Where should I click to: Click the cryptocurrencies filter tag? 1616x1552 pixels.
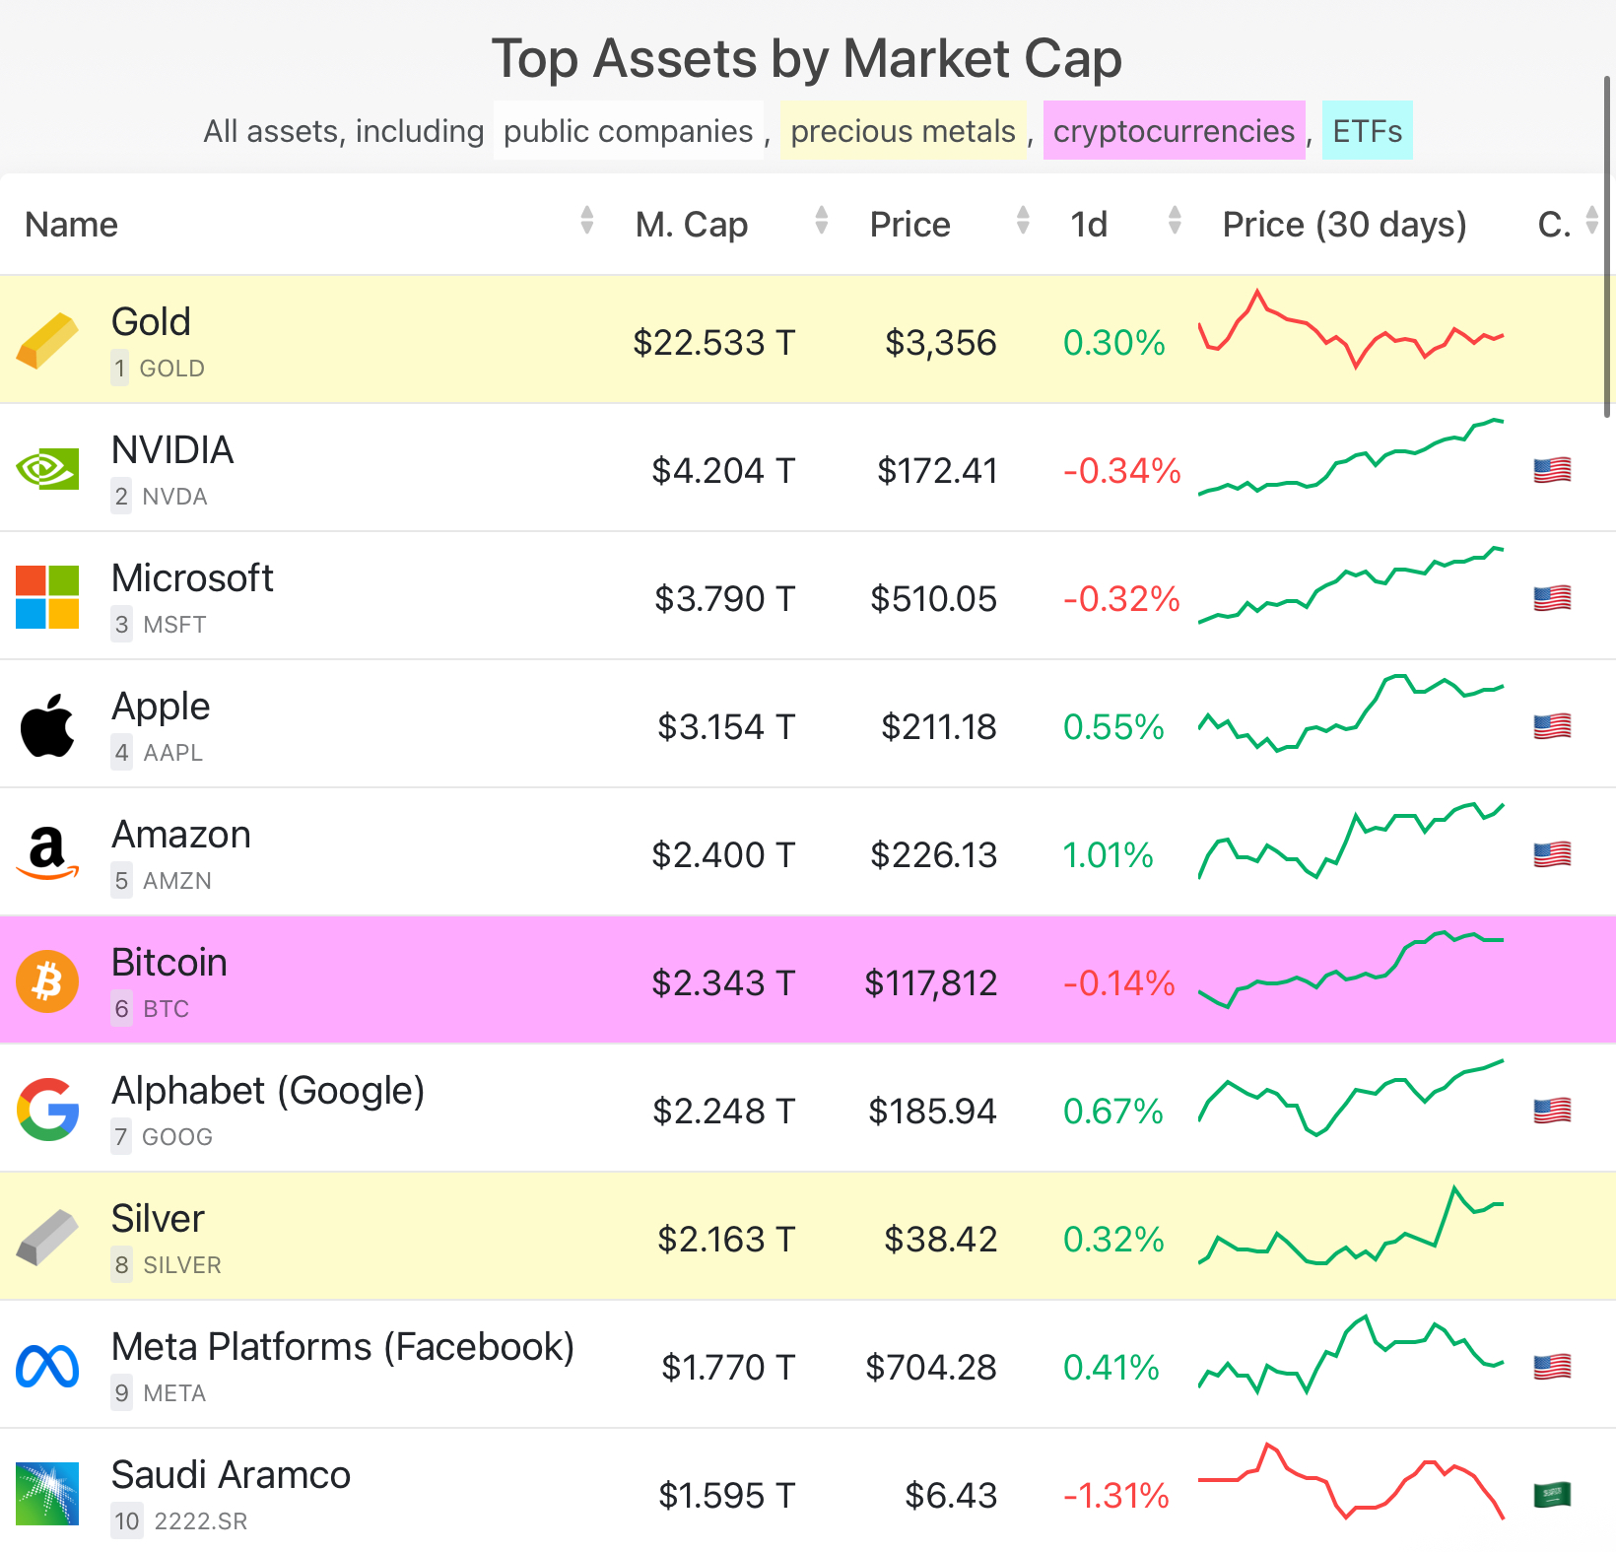pyautogui.click(x=1174, y=131)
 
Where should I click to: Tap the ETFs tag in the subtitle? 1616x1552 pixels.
pyautogui.click(x=1367, y=131)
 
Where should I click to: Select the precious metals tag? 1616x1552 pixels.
pyautogui.click(x=903, y=131)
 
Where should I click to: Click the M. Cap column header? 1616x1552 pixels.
pyautogui.click(x=692, y=225)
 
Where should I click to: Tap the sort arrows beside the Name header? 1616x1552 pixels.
pyautogui.click(x=587, y=221)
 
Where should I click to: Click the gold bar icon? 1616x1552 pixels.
pyautogui.click(x=47, y=341)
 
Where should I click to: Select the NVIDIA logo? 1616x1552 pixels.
pyautogui.click(x=47, y=469)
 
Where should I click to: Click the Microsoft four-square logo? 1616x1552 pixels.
pyautogui.click(x=47, y=597)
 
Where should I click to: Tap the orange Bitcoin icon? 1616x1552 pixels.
pyautogui.click(x=47, y=981)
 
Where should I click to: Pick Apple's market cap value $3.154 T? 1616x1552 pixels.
pyautogui.click(x=725, y=727)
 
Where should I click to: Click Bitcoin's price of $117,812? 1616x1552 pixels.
pyautogui.click(x=930, y=983)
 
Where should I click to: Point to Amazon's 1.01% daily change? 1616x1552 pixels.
pyautogui.click(x=1108, y=855)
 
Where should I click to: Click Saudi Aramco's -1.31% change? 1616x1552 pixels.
pyautogui.click(x=1115, y=1496)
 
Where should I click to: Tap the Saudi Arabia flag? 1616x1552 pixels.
pyautogui.click(x=1552, y=1495)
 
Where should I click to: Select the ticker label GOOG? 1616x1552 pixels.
pyautogui.click(x=177, y=1137)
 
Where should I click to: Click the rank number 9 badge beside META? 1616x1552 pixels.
pyautogui.click(x=121, y=1393)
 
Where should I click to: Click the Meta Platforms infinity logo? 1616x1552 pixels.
pyautogui.click(x=47, y=1366)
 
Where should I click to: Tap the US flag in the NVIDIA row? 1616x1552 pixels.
pyautogui.click(x=1552, y=470)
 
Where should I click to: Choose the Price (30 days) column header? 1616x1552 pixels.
pyautogui.click(x=1344, y=225)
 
